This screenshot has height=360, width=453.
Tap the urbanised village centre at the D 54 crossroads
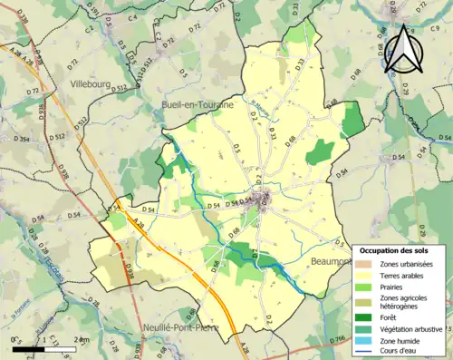[264, 200]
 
